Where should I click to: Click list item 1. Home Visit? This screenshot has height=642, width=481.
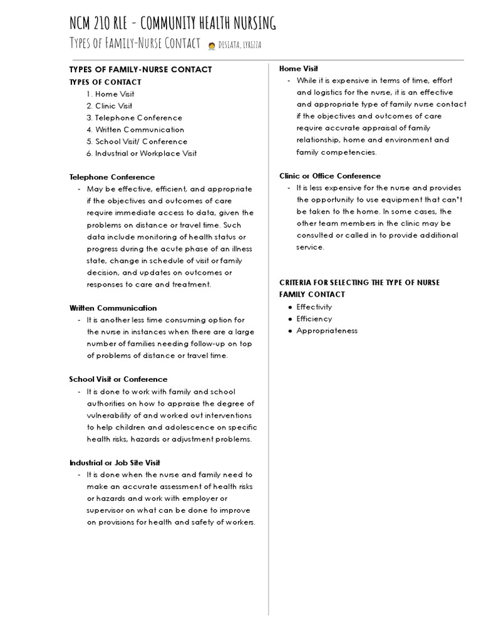[111, 94]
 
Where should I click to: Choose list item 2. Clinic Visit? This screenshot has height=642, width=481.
[110, 106]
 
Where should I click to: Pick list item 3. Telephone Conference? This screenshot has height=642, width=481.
[135, 118]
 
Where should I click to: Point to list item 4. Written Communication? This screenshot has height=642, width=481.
[135, 130]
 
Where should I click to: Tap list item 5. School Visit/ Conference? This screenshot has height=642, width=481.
[137, 142]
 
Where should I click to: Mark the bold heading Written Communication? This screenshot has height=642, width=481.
[113, 308]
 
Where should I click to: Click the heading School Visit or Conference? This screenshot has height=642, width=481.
[118, 379]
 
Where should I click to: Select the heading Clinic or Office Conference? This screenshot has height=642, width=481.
[330, 176]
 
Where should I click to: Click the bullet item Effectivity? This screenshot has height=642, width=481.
[314, 307]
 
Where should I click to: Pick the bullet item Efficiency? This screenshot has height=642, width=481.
[314, 319]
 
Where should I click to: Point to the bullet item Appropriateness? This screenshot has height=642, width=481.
[326, 331]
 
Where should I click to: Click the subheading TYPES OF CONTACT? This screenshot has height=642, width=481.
[105, 82]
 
